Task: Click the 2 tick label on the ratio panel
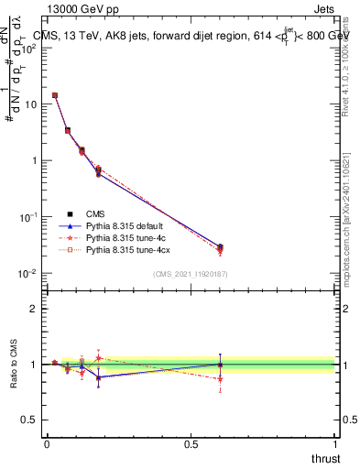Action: point(34,309)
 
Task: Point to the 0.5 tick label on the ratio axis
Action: point(29,420)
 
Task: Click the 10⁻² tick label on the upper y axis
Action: point(28,274)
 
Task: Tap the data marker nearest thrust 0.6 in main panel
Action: point(220,247)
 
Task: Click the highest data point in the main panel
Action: point(55,95)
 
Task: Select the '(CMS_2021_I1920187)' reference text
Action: point(191,273)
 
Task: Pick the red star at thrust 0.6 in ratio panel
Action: point(220,377)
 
